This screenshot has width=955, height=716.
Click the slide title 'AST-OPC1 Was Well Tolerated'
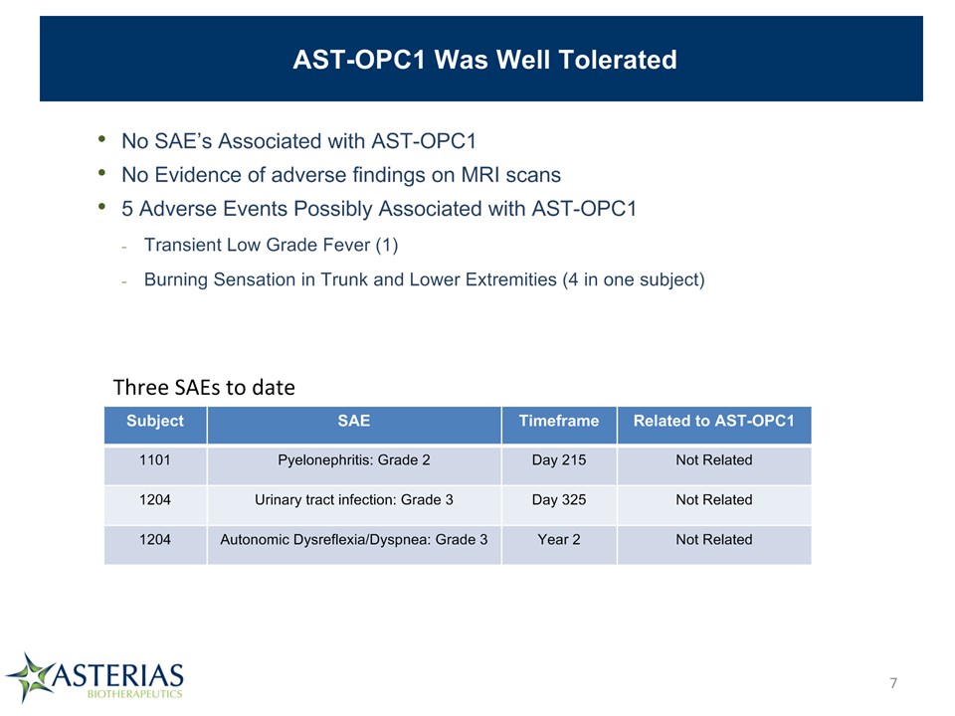484,60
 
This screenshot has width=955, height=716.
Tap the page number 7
893,683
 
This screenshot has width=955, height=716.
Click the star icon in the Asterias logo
29,677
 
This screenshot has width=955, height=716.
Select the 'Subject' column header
155,421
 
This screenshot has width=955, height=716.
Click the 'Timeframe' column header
559,421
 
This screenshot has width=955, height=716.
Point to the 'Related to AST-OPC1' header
714,421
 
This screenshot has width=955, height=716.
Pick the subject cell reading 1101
155,459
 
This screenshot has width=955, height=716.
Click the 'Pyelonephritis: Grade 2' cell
354,460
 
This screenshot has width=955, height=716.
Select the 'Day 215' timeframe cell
559,460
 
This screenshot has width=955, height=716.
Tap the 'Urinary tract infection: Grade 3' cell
354,500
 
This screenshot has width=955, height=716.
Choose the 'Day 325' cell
559,500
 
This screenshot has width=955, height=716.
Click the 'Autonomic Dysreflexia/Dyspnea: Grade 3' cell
354,540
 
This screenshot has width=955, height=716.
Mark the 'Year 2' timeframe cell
559,539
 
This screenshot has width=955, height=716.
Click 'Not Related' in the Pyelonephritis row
714,459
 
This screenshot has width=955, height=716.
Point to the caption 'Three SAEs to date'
204,387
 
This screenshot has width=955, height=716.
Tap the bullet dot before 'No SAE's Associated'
101,139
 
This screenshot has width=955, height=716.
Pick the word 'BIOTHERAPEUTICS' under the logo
135,694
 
